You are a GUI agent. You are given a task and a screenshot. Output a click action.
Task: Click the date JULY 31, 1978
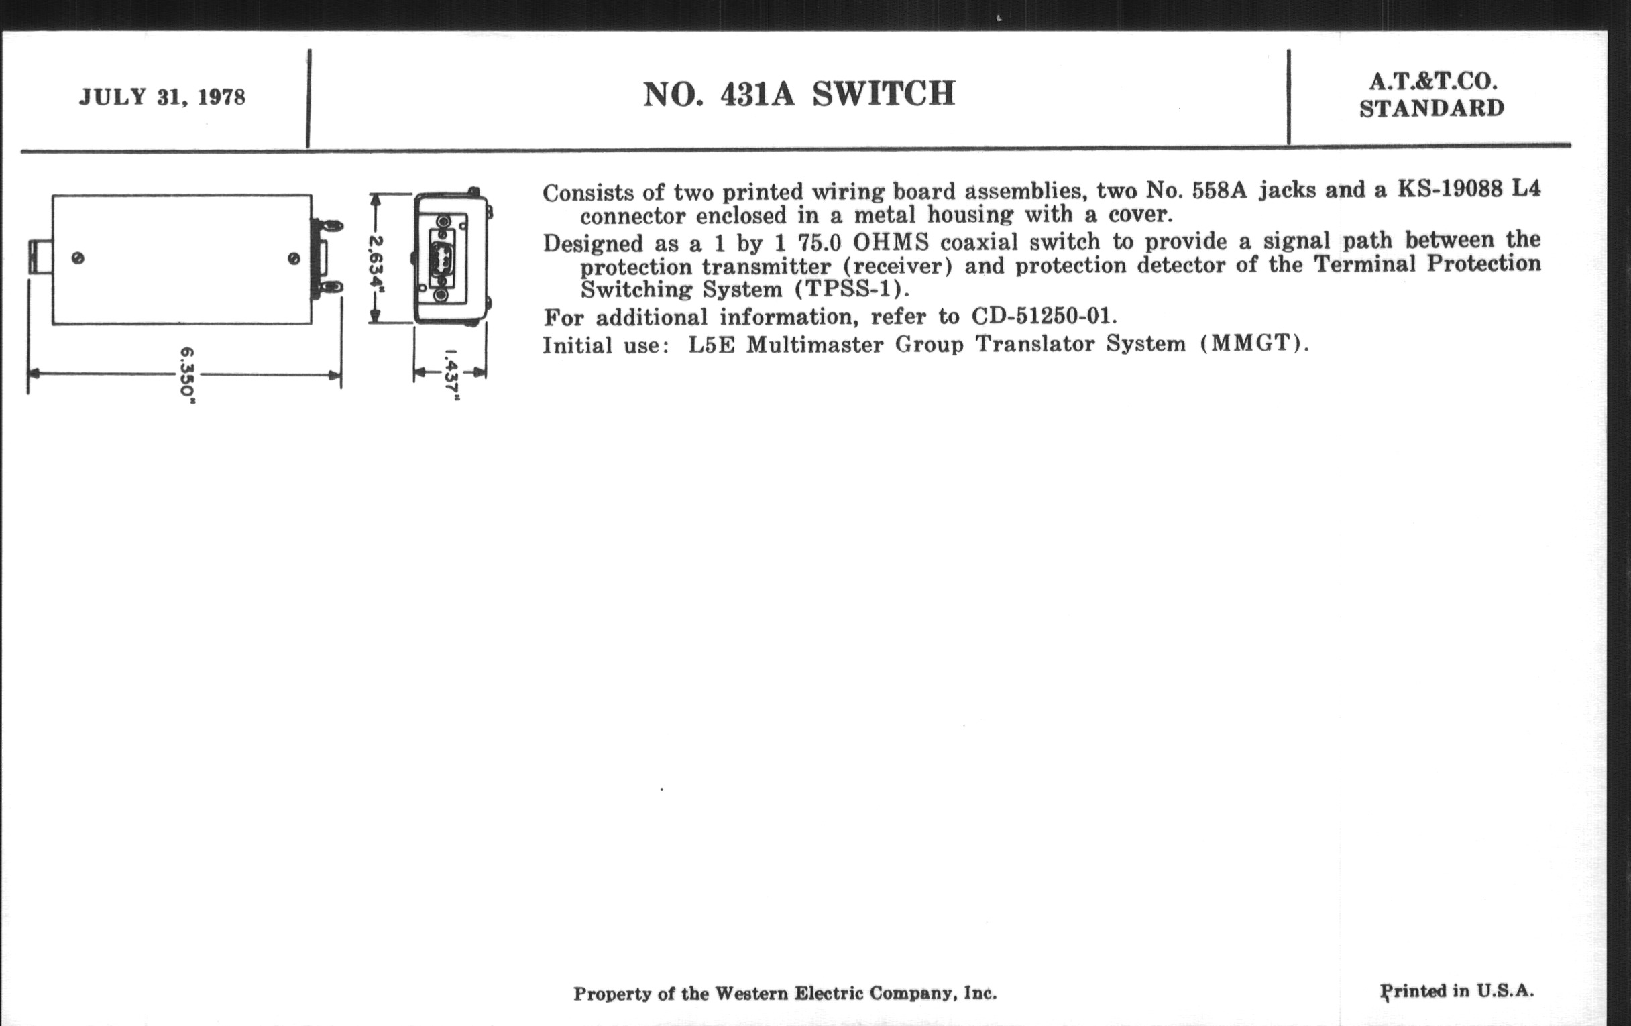(x=162, y=97)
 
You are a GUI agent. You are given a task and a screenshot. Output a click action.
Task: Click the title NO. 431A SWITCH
(x=799, y=94)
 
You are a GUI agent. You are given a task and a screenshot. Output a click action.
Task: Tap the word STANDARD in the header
(x=1432, y=109)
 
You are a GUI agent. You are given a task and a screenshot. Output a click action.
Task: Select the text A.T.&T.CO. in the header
(x=1432, y=82)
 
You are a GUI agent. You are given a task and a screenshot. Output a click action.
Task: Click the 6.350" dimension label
(x=188, y=375)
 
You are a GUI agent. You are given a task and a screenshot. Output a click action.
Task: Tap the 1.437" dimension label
(x=451, y=375)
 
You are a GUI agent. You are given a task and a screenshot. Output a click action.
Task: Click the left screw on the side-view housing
(x=78, y=258)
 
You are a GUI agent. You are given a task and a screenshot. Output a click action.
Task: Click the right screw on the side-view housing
(x=294, y=259)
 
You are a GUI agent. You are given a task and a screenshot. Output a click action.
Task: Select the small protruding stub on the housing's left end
(x=41, y=258)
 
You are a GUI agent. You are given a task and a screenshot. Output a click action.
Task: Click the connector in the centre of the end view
(x=441, y=258)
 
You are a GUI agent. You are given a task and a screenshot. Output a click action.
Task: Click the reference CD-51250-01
(x=1042, y=317)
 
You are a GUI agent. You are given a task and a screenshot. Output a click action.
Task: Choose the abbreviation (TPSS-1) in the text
(x=852, y=290)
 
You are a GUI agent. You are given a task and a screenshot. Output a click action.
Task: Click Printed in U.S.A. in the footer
(x=1457, y=991)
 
